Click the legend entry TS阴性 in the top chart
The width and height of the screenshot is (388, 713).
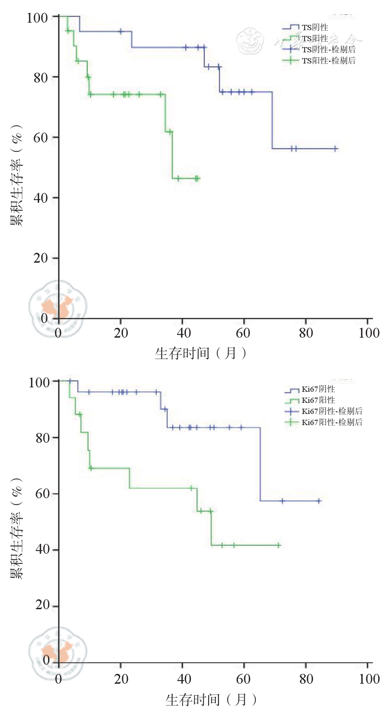point(315,28)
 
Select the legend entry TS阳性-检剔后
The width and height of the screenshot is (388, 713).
point(329,61)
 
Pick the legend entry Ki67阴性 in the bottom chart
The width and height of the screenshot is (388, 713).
point(318,389)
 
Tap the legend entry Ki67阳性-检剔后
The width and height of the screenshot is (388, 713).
point(332,422)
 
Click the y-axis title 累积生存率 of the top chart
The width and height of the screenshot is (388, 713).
point(16,175)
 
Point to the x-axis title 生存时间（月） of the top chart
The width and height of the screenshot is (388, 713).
point(201,354)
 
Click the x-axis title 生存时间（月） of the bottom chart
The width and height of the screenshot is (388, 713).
point(211,700)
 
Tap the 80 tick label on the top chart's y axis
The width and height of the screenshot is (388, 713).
point(40,78)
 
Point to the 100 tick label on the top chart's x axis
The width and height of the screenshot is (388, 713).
point(368,333)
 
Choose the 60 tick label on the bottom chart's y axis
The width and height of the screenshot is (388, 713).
point(43,494)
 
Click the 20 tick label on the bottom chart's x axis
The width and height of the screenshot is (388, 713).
point(121,679)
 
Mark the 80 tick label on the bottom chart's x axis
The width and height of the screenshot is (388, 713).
point(306,679)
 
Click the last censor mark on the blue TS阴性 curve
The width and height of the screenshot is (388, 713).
point(336,149)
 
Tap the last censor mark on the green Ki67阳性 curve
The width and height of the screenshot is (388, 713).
point(278,545)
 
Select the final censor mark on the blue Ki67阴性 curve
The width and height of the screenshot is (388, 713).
point(319,501)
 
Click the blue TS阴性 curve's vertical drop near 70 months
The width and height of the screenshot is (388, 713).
point(272,120)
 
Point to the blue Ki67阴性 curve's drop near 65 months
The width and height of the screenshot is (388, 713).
point(260,464)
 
